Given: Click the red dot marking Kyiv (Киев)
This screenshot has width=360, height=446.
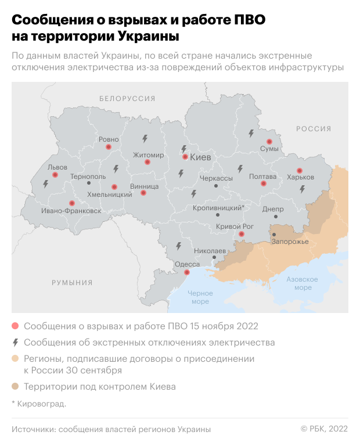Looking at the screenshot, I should pos(185,157).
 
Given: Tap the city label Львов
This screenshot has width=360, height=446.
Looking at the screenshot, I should pos(57,167).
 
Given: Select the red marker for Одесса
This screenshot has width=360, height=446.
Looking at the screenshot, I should pos(186,272).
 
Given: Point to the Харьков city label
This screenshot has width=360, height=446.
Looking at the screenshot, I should pos(301,177).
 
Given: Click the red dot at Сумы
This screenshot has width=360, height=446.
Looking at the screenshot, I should pos(269,142).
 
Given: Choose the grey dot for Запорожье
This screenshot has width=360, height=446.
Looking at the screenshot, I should pos(274,235).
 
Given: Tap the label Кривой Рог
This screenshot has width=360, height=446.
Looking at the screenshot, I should pos(235,226).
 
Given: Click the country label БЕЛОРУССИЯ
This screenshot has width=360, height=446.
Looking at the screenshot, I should pos(127,99).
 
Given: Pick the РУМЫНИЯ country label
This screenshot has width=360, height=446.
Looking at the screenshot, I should pos(72,283).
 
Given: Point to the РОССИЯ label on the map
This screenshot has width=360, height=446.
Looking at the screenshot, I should pos(314,129).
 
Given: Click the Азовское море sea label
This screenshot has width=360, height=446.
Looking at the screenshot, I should pos(303,283).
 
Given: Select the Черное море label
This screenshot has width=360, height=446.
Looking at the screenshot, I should pos(200,297).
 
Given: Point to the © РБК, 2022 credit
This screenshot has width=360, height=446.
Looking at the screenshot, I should pos(323,429).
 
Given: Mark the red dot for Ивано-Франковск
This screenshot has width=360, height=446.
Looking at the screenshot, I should pos(72,203).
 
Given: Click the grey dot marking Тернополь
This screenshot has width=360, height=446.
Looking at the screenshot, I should pos(88,183).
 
